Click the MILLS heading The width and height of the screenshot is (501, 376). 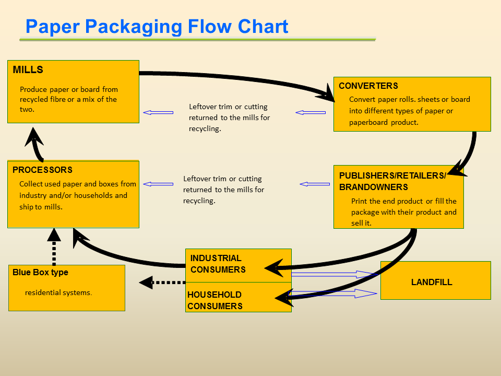pos(28,70)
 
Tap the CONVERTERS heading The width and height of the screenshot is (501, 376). pos(368,86)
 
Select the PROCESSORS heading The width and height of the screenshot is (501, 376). pos(43,170)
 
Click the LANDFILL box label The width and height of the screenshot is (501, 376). pos(432,283)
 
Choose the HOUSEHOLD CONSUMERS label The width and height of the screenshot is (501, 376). pos(214,301)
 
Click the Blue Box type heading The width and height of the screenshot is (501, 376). pos(41,273)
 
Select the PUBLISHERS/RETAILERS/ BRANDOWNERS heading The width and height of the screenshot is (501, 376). pos(392,181)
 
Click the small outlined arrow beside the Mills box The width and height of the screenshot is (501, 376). pos(158,112)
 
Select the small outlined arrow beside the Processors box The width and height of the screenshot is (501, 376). pos(158,184)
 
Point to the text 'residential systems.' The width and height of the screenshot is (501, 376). pos(58,293)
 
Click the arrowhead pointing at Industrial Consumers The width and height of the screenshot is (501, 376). pos(275,268)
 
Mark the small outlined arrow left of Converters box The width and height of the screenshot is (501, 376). pos(311,112)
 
